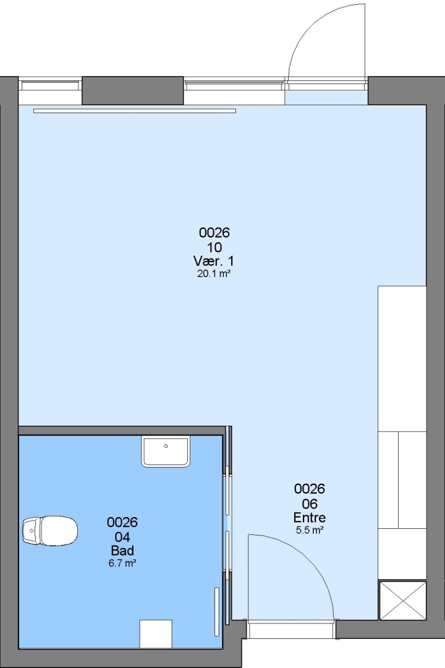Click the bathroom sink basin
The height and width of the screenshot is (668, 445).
(x=166, y=452)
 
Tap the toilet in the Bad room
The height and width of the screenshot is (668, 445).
(x=50, y=531)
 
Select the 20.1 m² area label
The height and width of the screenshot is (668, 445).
(x=214, y=273)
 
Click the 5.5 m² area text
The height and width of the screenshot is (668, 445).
(x=310, y=531)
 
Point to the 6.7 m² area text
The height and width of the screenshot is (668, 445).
(x=122, y=563)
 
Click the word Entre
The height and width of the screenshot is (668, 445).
(x=310, y=518)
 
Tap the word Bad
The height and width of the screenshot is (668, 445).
(x=122, y=550)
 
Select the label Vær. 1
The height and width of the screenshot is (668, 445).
(x=214, y=261)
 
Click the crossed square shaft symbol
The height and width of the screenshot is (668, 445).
(x=402, y=600)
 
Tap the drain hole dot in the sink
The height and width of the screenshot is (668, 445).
(x=166, y=446)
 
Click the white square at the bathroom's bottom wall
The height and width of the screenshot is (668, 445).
(x=156, y=634)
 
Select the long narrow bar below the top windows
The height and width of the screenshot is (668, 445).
(x=135, y=111)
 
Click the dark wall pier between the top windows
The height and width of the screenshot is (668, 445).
(x=133, y=90)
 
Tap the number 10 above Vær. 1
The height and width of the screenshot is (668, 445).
(x=214, y=247)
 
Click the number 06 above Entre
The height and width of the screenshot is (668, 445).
(x=310, y=503)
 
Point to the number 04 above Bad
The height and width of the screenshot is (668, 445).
(x=122, y=536)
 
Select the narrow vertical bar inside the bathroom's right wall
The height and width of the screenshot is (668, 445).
(x=216, y=612)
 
